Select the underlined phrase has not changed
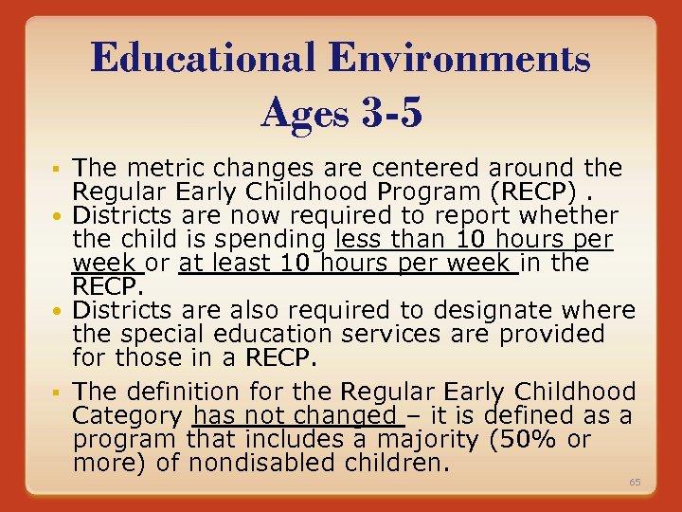point(295,415)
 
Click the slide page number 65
point(635,483)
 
